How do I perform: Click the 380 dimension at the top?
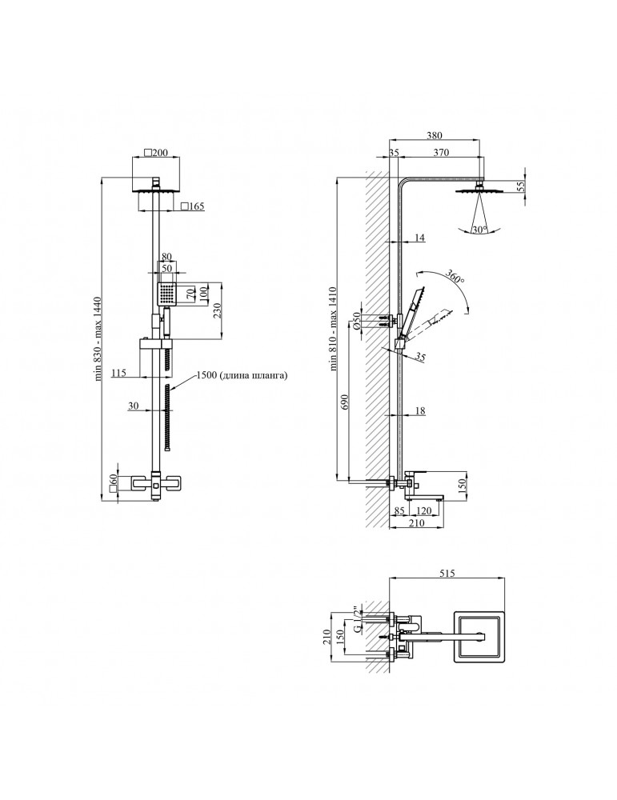click(x=435, y=135)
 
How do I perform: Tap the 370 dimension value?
click(x=441, y=152)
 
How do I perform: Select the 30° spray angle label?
click(x=479, y=230)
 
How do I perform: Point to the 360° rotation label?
click(x=455, y=276)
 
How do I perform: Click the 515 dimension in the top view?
click(x=447, y=574)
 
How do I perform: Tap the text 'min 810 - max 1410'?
click(x=335, y=329)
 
